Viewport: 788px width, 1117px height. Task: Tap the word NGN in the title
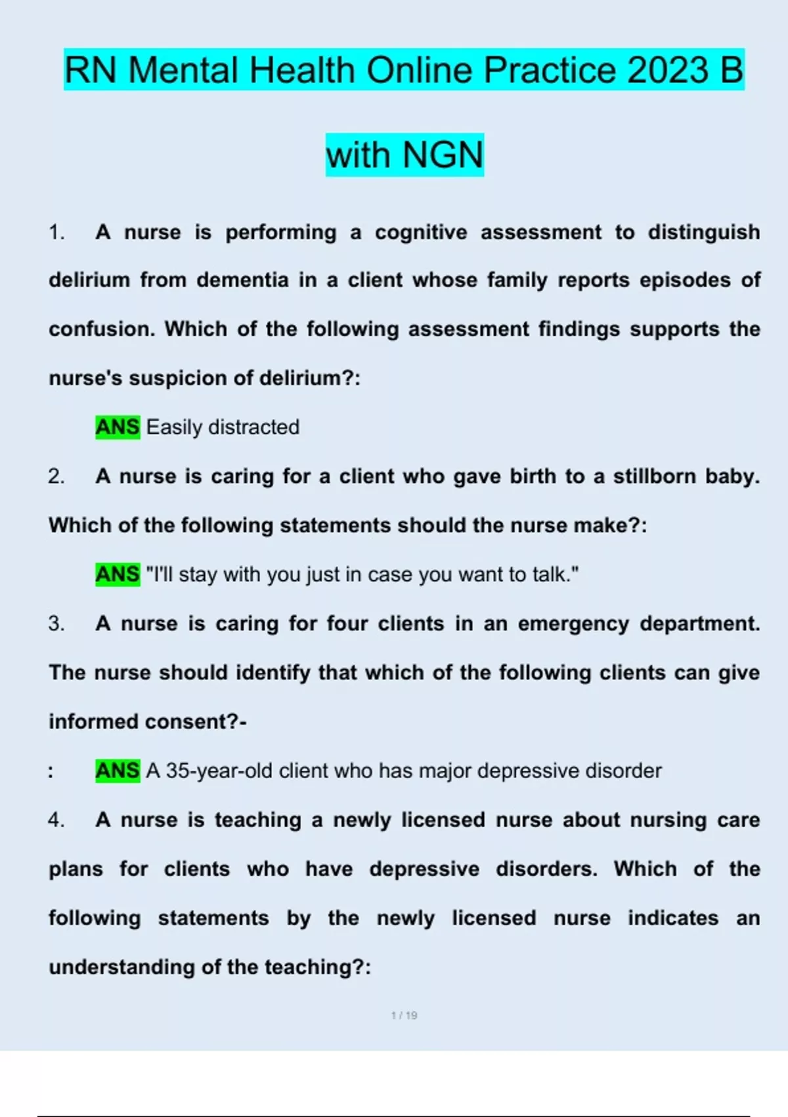coord(443,155)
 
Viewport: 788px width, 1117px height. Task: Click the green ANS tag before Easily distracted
coord(118,427)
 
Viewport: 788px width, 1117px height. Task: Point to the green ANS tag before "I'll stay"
coord(118,574)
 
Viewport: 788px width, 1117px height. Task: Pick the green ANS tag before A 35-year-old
coord(118,770)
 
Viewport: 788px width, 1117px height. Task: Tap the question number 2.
coord(56,476)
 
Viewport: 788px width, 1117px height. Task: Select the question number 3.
coord(56,624)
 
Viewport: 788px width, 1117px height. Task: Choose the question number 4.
coord(56,820)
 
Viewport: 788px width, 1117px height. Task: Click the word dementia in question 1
coord(242,281)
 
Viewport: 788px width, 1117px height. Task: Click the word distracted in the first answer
coord(253,427)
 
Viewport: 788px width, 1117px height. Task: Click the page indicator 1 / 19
coord(404,1015)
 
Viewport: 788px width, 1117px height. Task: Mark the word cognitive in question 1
coord(421,232)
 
